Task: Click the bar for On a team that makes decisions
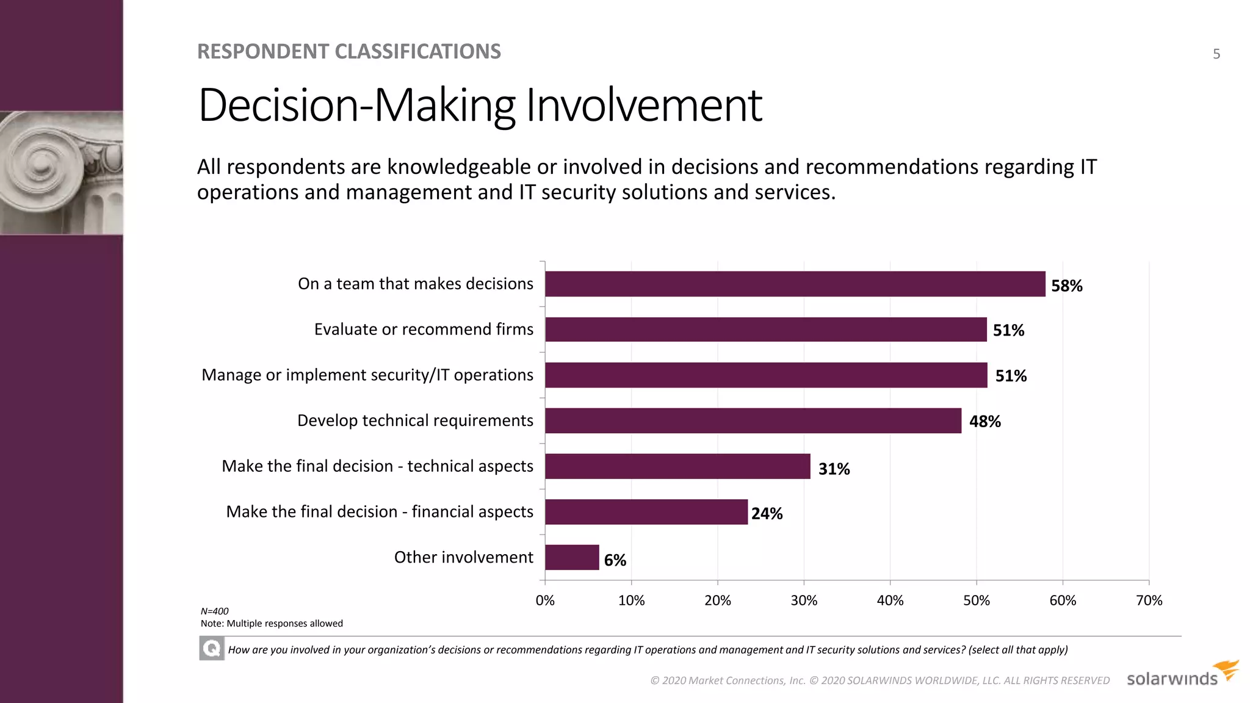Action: tap(795, 284)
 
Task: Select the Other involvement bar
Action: tap(572, 557)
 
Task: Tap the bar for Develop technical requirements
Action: tap(753, 420)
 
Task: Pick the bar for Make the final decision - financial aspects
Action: tap(646, 511)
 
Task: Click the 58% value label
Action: tap(1066, 286)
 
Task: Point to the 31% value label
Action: tap(834, 469)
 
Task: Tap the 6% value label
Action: tap(615, 560)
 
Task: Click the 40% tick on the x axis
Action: tap(890, 600)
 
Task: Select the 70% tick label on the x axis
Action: tap(1149, 600)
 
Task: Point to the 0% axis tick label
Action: tap(545, 600)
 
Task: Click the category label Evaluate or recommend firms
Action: tap(424, 330)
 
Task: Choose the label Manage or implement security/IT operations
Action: tap(367, 375)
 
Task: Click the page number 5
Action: tap(1216, 54)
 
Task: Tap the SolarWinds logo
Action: tap(1182, 675)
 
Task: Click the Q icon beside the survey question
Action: tap(212, 648)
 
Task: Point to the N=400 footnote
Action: tap(215, 611)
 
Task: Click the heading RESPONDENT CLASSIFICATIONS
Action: tap(349, 52)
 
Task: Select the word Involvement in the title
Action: tap(643, 105)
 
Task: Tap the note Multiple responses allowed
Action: tap(272, 624)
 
